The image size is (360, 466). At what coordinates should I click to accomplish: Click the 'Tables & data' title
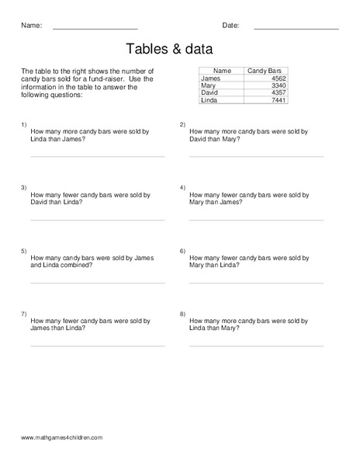click(x=180, y=49)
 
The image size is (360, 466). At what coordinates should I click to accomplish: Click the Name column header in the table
click(x=222, y=71)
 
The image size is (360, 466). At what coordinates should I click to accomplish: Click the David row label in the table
click(x=209, y=93)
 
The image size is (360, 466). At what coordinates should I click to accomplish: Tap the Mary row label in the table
click(x=208, y=85)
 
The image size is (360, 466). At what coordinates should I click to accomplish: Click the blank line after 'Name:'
click(x=95, y=29)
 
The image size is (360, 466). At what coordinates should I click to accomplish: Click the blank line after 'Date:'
click(x=296, y=29)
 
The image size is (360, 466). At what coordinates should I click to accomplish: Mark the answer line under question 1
click(x=97, y=156)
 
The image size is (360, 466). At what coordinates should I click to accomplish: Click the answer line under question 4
click(x=256, y=220)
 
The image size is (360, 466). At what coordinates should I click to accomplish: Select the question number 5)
click(x=24, y=251)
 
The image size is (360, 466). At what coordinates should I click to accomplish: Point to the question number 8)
click(x=182, y=314)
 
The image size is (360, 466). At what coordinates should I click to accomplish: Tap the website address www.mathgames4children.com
click(x=62, y=438)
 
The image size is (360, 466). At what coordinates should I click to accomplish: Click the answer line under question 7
click(x=97, y=346)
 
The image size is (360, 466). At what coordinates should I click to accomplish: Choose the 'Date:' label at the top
click(x=230, y=26)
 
